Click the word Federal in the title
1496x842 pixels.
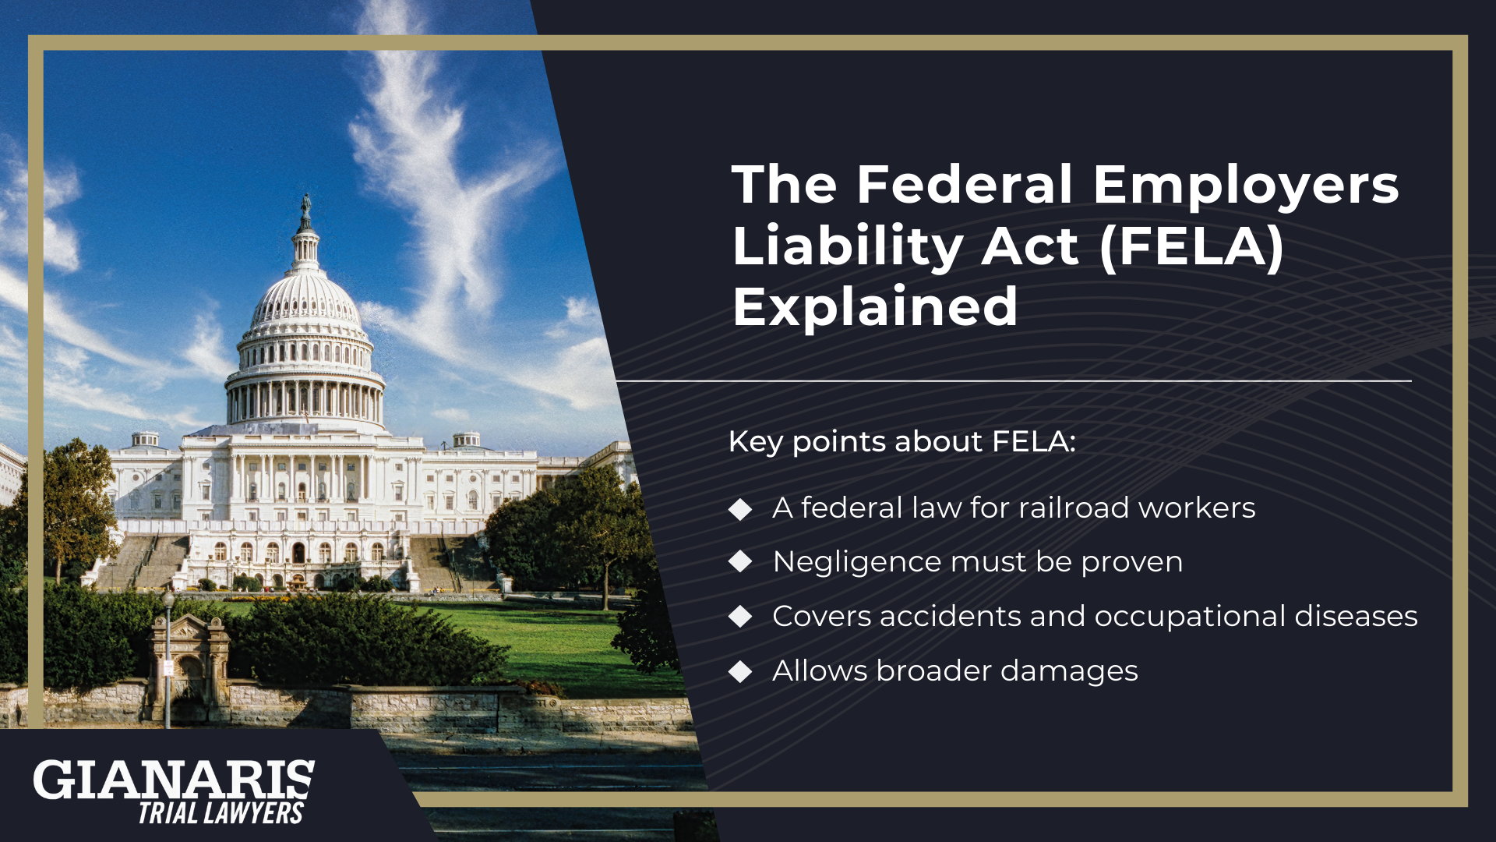(x=965, y=185)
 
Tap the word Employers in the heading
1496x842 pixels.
(x=1245, y=186)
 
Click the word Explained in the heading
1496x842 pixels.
(x=875, y=306)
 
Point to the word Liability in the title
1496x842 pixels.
(x=848, y=246)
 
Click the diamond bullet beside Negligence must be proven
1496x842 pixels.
(x=740, y=561)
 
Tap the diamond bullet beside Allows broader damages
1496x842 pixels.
(x=740, y=670)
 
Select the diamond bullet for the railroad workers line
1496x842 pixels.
(x=740, y=508)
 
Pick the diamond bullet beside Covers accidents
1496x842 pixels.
(x=740, y=616)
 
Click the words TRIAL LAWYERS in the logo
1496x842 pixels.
(x=221, y=813)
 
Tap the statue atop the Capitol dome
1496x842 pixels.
(x=306, y=207)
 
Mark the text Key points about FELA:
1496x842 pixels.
(x=901, y=441)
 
